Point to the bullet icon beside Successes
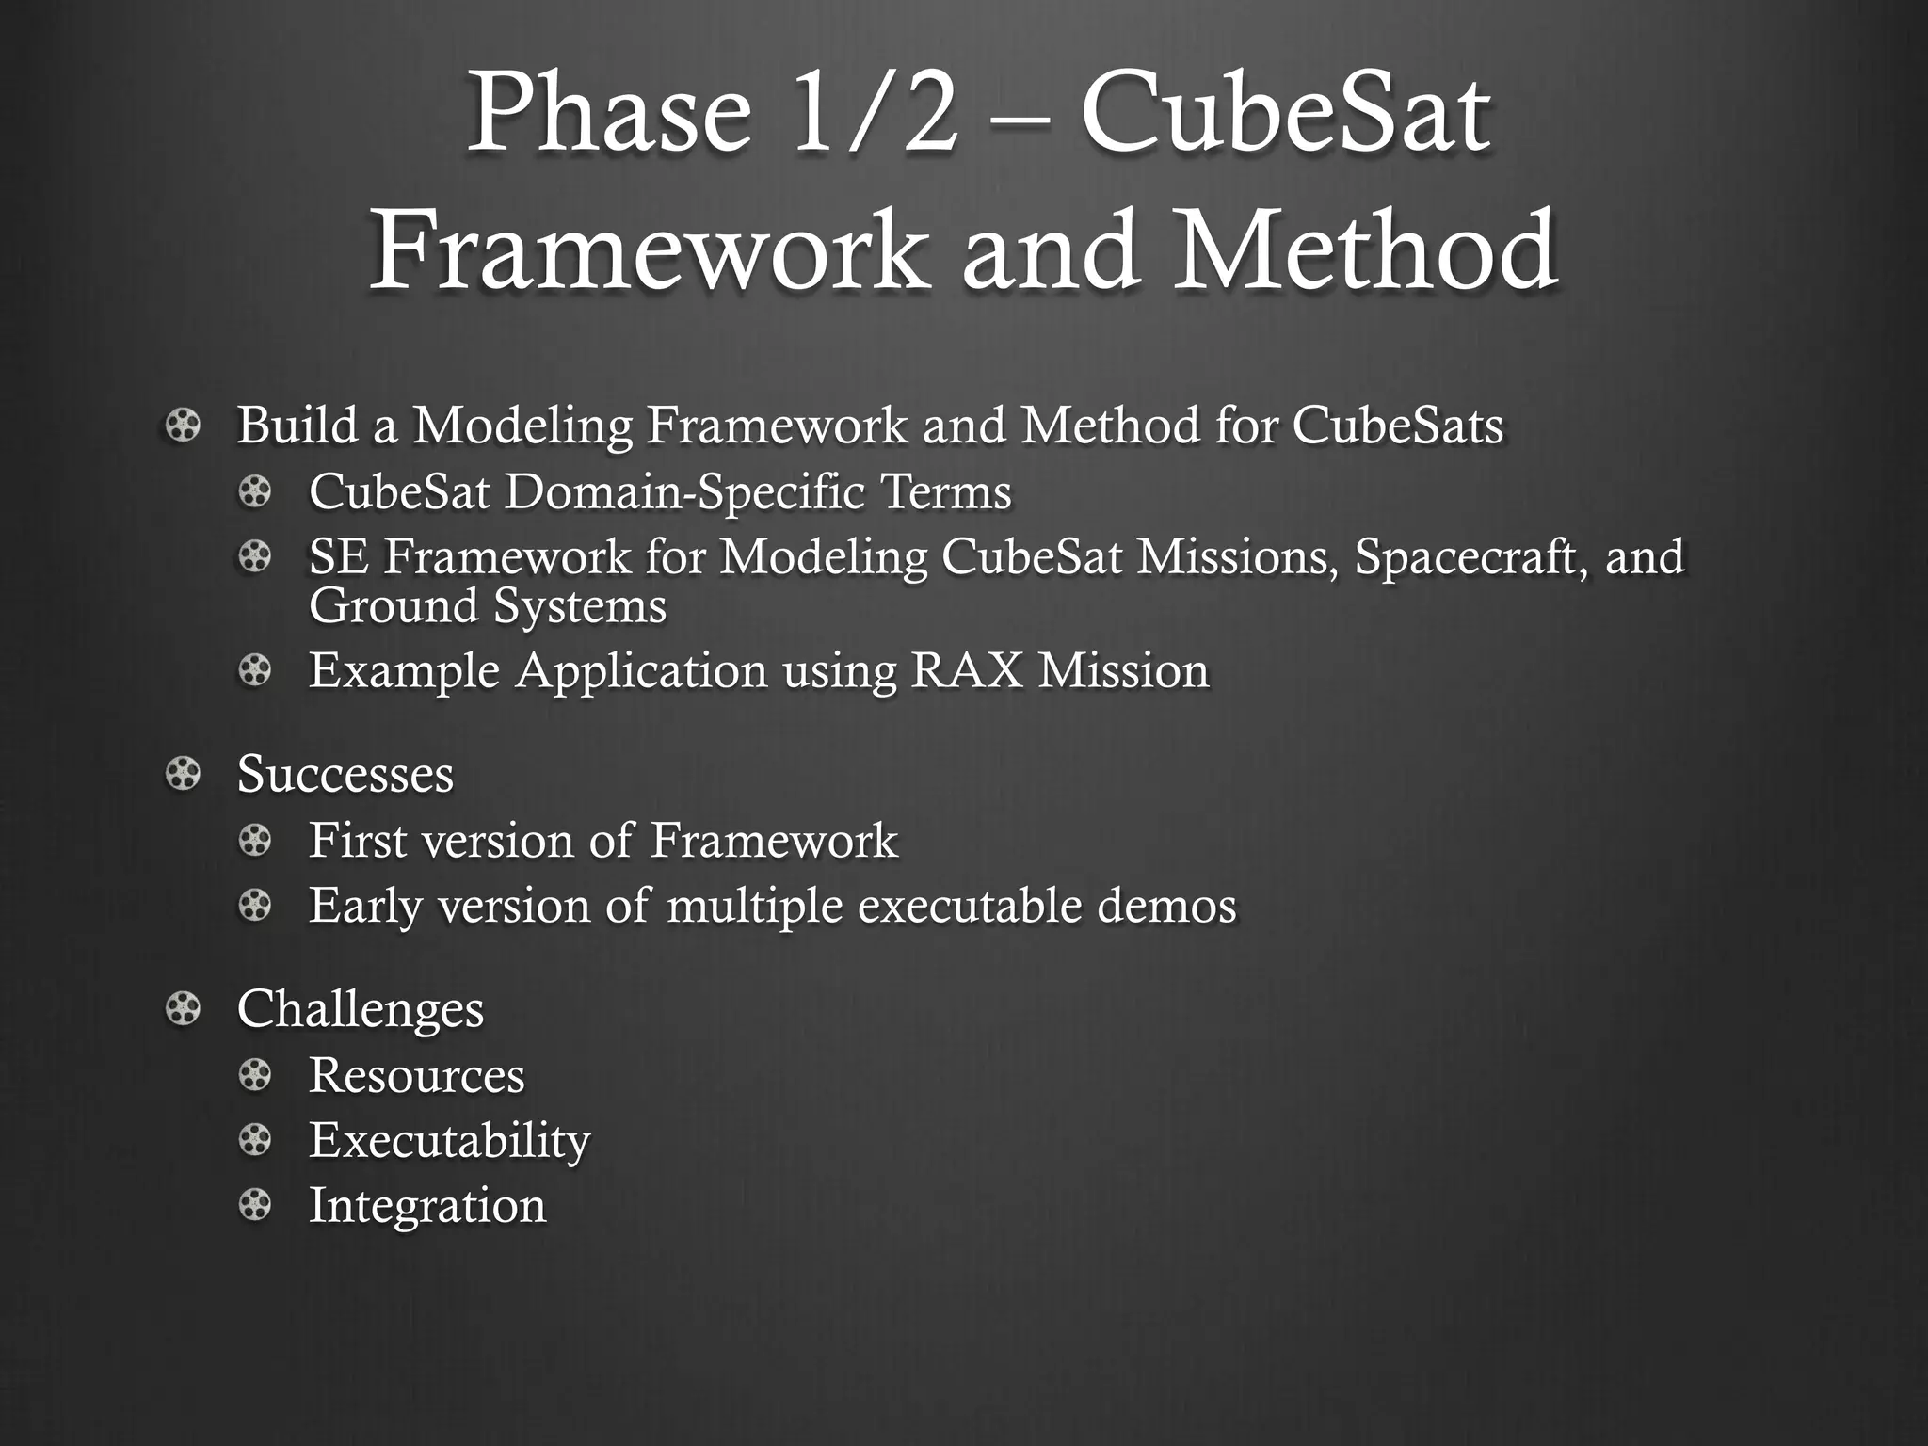(x=183, y=775)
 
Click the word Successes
(x=345, y=775)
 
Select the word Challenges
(x=360, y=1009)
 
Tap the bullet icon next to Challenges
(x=183, y=1010)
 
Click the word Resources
(x=416, y=1075)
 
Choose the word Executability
(x=449, y=1141)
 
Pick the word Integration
(x=426, y=1206)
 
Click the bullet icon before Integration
(x=254, y=1206)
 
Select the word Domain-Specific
(x=684, y=492)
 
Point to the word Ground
(x=394, y=605)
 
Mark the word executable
(x=969, y=907)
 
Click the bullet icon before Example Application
(x=254, y=671)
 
